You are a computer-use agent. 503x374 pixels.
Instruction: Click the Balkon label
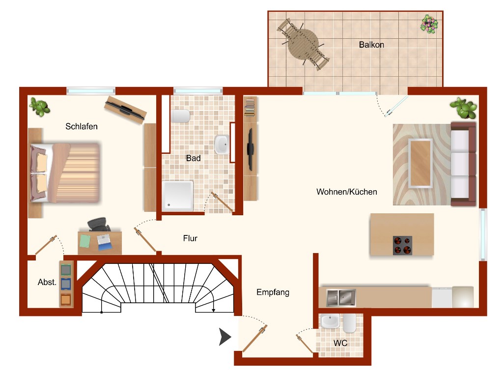click(x=371, y=45)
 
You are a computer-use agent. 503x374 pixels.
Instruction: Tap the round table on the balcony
click(x=303, y=45)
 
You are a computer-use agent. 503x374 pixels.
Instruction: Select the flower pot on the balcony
click(x=429, y=24)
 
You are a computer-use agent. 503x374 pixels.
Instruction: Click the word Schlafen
click(x=82, y=126)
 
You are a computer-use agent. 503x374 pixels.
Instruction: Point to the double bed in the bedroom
click(x=65, y=173)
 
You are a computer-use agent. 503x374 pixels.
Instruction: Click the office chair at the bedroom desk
click(x=98, y=225)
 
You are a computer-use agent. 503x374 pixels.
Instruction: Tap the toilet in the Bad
click(x=181, y=116)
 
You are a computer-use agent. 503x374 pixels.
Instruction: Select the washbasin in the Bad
click(x=222, y=144)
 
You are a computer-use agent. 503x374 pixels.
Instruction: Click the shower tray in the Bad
click(x=177, y=196)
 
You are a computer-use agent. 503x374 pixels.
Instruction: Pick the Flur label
click(x=190, y=238)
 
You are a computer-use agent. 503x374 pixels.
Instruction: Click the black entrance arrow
click(x=225, y=337)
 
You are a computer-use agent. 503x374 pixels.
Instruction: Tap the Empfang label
click(x=273, y=292)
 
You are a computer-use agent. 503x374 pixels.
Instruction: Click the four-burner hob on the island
click(x=403, y=245)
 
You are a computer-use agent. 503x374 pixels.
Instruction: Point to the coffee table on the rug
click(x=420, y=163)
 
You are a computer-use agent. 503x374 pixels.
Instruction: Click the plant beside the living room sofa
click(x=463, y=108)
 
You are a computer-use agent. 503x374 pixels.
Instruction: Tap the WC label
click(x=340, y=343)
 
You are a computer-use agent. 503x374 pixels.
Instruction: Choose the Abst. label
click(x=47, y=282)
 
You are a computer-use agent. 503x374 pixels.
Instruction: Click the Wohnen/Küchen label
click(x=347, y=192)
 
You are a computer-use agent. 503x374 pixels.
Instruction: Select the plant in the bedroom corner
click(x=39, y=107)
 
